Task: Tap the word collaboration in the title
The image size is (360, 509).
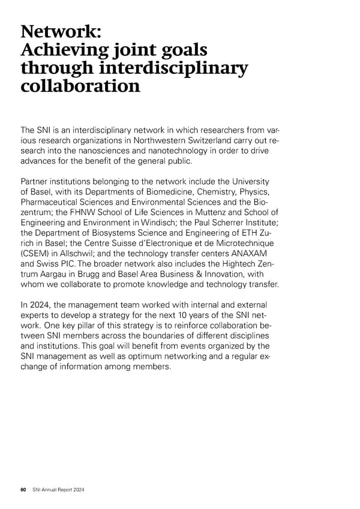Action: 80,87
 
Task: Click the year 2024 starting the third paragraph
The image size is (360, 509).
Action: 41,306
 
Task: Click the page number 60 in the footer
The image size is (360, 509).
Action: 23,490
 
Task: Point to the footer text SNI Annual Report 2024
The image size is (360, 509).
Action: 58,490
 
